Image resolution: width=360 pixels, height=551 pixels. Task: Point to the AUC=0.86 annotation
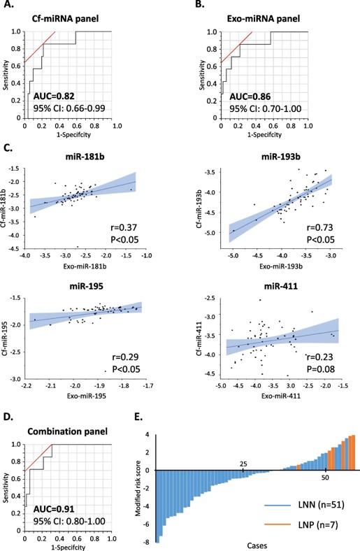coord(239,94)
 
